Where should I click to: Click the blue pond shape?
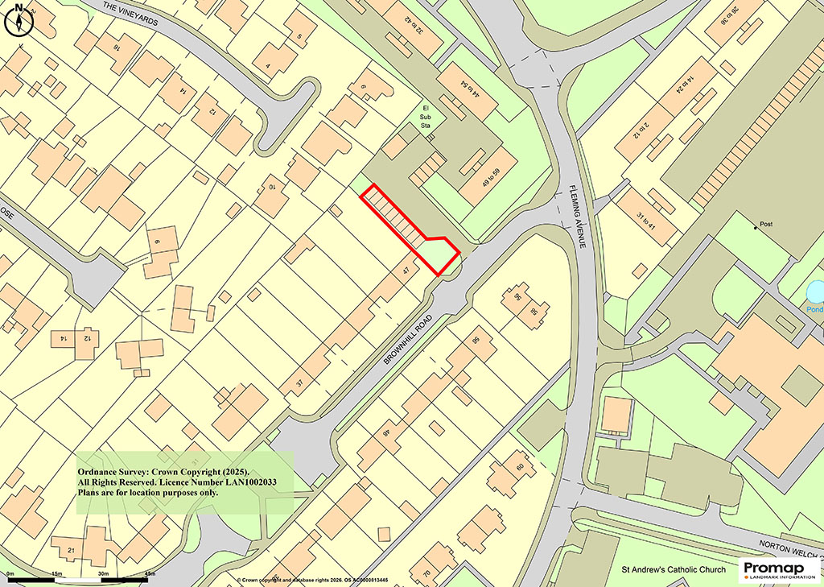coord(815,291)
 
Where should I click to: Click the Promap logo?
coord(777,569)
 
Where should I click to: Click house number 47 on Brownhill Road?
coord(407,271)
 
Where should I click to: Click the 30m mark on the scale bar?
coord(102,573)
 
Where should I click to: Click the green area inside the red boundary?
coord(436,255)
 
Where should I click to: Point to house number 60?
coord(520,466)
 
